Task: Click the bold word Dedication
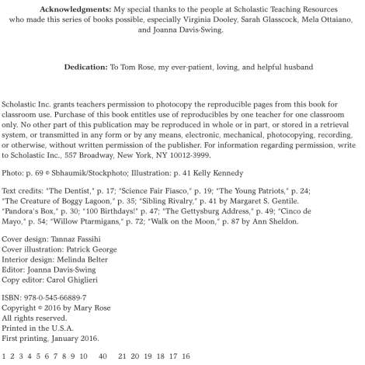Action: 87,67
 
